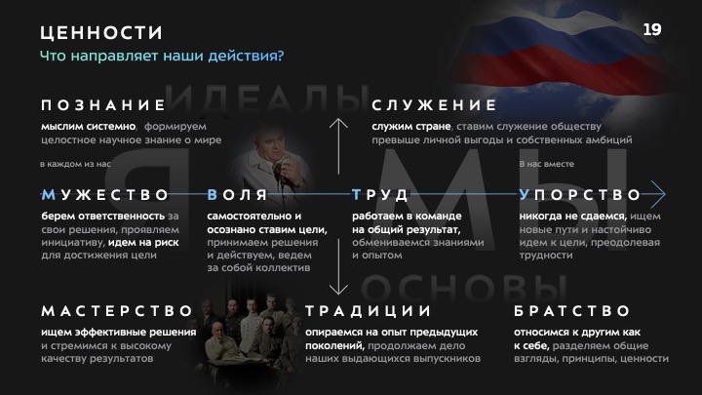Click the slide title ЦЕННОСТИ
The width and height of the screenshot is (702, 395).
click(x=101, y=33)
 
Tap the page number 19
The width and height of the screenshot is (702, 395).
click(x=652, y=29)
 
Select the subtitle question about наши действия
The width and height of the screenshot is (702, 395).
click(x=162, y=56)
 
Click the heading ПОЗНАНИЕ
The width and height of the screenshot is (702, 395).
click(x=103, y=105)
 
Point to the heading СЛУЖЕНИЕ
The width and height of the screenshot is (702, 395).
click(x=434, y=105)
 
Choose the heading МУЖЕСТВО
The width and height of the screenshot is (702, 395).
click(x=104, y=195)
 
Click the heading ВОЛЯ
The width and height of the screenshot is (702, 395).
click(x=237, y=195)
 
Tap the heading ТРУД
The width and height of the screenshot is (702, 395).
click(x=379, y=195)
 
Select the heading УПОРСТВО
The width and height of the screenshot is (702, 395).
click(x=580, y=195)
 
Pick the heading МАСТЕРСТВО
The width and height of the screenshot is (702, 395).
click(x=117, y=311)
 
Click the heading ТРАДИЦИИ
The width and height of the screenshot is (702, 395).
click(x=368, y=311)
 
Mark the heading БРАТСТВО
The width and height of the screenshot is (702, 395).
click(x=571, y=311)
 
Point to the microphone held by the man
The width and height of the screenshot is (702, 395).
click(x=279, y=173)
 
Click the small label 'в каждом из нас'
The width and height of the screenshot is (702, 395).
click(x=75, y=164)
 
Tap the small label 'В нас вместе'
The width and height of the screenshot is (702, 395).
click(x=546, y=164)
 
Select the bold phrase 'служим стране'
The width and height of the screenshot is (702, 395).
click(x=411, y=127)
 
